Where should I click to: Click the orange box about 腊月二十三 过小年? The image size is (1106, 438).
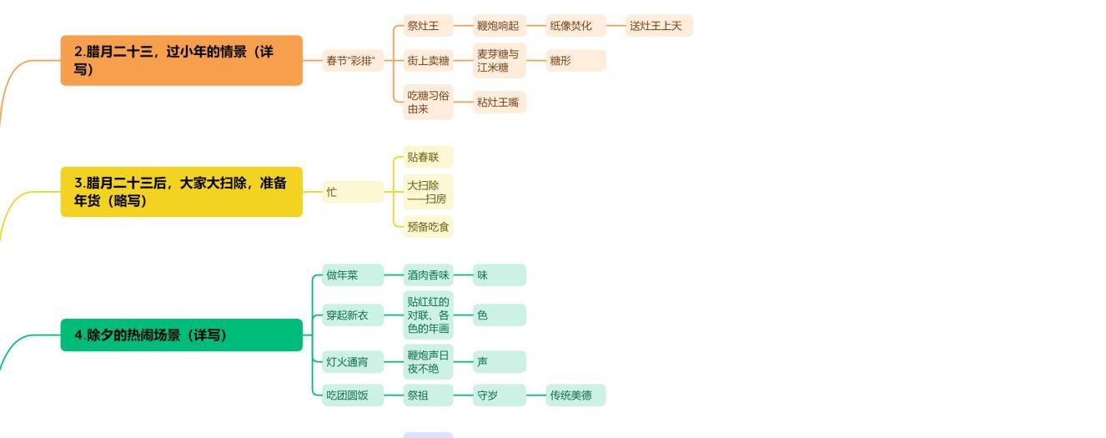[x=181, y=60]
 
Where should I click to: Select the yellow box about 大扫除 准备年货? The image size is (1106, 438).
[x=181, y=192]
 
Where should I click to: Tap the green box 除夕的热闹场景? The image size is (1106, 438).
[x=181, y=335]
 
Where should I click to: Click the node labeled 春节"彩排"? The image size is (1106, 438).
[x=350, y=60]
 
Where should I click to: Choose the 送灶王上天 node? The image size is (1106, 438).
[x=658, y=26]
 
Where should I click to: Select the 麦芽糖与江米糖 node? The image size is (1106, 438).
[x=499, y=60]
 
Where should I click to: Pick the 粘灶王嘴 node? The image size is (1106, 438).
[x=499, y=102]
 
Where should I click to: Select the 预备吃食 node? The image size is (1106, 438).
[x=428, y=226]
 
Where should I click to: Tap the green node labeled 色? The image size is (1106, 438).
[x=499, y=315]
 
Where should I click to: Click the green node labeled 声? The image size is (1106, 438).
[x=499, y=362]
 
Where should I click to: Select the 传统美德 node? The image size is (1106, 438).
[x=576, y=395]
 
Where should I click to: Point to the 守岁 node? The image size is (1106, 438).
[x=499, y=395]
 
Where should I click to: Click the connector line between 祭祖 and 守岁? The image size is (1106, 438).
[x=463, y=395]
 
